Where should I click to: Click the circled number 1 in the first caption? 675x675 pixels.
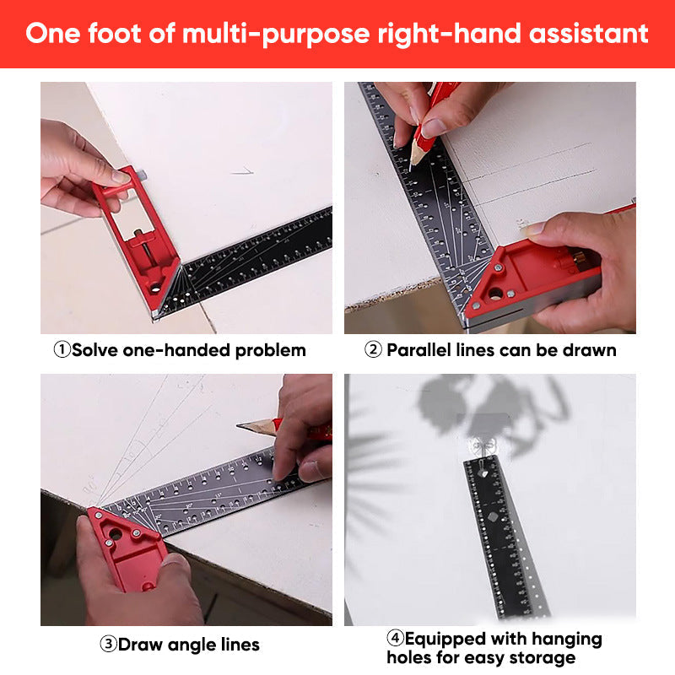click(62, 350)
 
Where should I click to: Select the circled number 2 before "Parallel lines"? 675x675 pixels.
click(373, 350)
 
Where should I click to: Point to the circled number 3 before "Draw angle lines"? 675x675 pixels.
click(108, 645)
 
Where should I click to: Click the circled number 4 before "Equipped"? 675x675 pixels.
click(395, 639)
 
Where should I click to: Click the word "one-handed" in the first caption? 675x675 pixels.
click(175, 350)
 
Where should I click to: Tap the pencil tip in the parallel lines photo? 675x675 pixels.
click(412, 168)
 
